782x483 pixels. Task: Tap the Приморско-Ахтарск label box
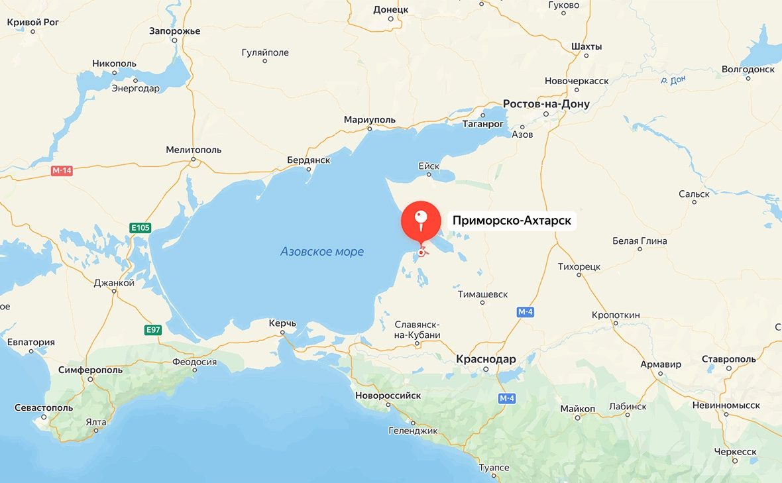click(x=512, y=221)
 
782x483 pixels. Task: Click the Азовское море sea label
click(x=322, y=252)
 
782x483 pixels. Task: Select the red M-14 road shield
click(x=61, y=171)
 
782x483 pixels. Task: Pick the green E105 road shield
click(x=140, y=228)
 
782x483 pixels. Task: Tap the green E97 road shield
click(x=153, y=329)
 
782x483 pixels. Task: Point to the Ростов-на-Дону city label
click(x=546, y=104)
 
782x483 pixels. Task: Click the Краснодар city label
click(x=486, y=358)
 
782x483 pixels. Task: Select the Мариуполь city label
click(x=369, y=120)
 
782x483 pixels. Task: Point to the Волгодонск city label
click(x=748, y=69)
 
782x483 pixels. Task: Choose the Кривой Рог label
click(x=33, y=23)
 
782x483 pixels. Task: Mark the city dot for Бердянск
click(x=309, y=169)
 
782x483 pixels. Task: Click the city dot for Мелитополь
click(x=194, y=159)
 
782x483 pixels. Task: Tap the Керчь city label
click(x=282, y=323)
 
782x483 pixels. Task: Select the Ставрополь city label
click(x=728, y=359)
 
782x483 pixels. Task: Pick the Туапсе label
click(x=494, y=468)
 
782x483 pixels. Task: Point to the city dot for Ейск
click(x=429, y=175)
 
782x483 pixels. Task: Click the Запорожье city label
click(x=174, y=30)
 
